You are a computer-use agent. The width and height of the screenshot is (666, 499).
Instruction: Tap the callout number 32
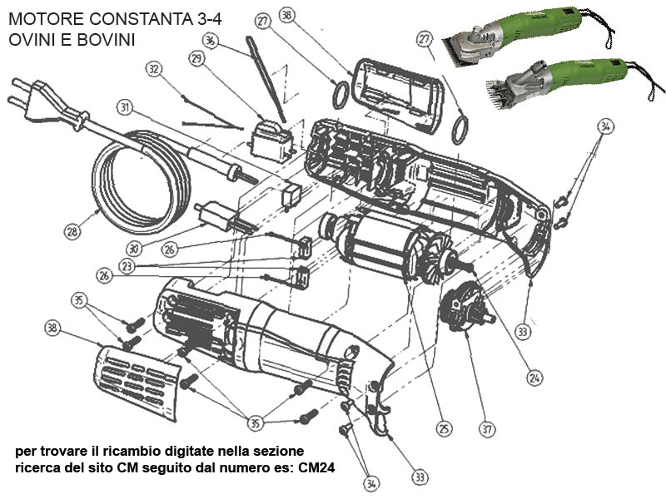point(152,69)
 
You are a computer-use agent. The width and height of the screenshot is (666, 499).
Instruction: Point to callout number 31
point(125,107)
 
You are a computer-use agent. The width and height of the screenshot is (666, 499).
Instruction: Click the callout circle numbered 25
point(444,428)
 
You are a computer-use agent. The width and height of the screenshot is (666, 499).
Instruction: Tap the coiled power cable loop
point(137,183)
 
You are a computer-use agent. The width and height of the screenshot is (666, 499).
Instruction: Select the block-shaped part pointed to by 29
point(271,136)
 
